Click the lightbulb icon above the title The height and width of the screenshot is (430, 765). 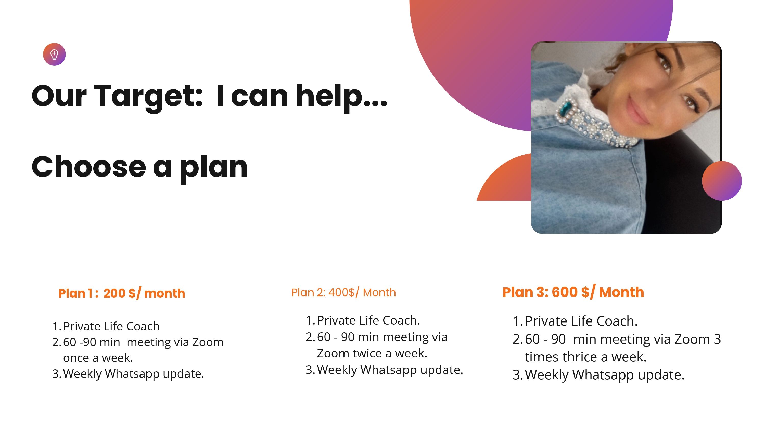click(54, 54)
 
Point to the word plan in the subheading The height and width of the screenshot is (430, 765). click(214, 169)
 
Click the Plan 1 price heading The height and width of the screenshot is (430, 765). click(122, 293)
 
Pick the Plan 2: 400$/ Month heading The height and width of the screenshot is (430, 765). click(343, 292)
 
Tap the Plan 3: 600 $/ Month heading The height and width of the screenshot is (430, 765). click(573, 292)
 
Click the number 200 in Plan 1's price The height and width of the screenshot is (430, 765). click(114, 293)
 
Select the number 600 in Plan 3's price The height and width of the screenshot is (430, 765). click(564, 292)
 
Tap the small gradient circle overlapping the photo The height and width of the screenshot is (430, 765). click(722, 181)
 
